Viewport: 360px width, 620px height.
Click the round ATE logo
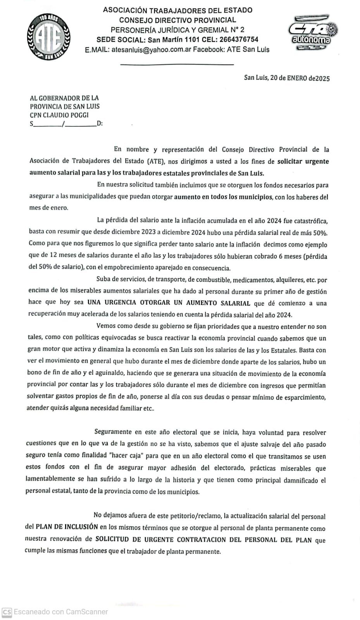click(x=48, y=37)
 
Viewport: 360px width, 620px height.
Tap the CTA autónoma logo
click(x=313, y=33)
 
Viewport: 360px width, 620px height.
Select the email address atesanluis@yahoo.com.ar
click(x=151, y=50)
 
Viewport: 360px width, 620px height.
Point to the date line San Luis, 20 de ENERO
click(x=287, y=78)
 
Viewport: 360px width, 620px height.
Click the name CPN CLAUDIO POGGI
click(x=59, y=115)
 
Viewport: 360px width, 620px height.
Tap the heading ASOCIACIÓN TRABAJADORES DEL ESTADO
click(x=177, y=10)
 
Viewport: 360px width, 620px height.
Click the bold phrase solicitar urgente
click(x=303, y=161)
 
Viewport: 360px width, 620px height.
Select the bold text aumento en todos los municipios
click(x=223, y=197)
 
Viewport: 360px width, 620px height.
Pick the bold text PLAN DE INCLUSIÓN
click(x=67, y=527)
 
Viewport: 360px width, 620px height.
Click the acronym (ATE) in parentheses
click(x=156, y=161)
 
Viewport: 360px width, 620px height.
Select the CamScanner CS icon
click(x=7, y=612)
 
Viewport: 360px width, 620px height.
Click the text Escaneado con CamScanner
click(x=61, y=612)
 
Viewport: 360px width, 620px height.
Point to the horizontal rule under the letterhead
click(x=177, y=64)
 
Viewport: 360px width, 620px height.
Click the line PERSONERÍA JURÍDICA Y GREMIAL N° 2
click(x=177, y=30)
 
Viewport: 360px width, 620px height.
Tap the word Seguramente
click(x=113, y=432)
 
